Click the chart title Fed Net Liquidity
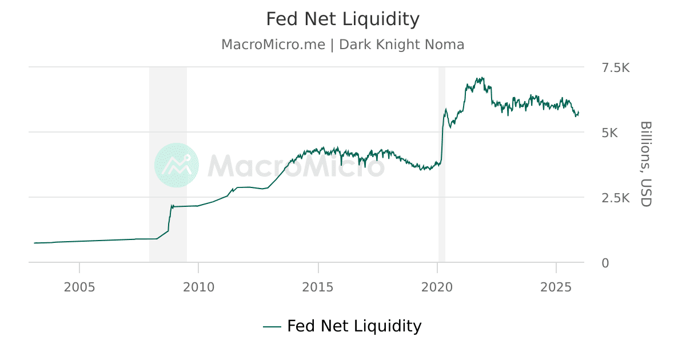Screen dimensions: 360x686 [x=343, y=19]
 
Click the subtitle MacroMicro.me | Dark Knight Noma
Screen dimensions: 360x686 [x=343, y=45]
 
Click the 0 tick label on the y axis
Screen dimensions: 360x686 [x=605, y=263]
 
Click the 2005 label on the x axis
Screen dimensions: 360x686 [x=79, y=286]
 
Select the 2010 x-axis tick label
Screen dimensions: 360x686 [x=198, y=286]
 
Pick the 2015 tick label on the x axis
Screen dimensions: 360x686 [x=318, y=286]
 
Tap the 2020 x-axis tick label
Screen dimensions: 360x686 [x=437, y=286]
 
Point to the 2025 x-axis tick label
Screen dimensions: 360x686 [x=556, y=286]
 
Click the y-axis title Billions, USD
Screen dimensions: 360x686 [x=645, y=163]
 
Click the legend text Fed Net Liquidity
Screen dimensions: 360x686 [x=354, y=326]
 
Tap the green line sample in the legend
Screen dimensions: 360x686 [x=272, y=327]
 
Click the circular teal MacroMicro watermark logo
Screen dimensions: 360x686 [x=177, y=165]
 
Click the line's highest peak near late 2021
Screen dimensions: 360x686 [x=483, y=78]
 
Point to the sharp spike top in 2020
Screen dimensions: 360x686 [x=445, y=109]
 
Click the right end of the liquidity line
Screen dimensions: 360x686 [x=579, y=112]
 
